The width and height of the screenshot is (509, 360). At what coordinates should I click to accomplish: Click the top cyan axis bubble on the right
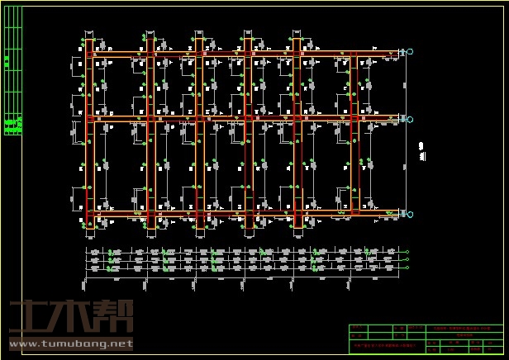[x=411, y=53]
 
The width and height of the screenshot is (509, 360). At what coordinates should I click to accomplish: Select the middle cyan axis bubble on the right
[x=411, y=120]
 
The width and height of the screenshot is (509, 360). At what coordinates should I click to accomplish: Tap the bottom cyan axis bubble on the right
[x=411, y=215]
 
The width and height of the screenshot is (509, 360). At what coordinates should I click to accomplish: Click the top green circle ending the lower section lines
[x=407, y=252]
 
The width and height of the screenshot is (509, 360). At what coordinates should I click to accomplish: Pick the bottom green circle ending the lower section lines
[x=407, y=268]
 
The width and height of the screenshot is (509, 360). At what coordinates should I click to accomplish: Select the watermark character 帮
[x=115, y=318]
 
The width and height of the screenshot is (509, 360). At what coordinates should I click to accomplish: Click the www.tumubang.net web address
[x=71, y=343]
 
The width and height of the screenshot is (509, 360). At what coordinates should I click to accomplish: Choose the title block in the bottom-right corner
[x=425, y=339]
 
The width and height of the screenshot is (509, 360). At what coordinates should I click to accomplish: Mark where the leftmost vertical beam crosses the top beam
[x=90, y=54]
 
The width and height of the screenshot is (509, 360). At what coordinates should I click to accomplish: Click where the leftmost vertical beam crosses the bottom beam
[x=90, y=216]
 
